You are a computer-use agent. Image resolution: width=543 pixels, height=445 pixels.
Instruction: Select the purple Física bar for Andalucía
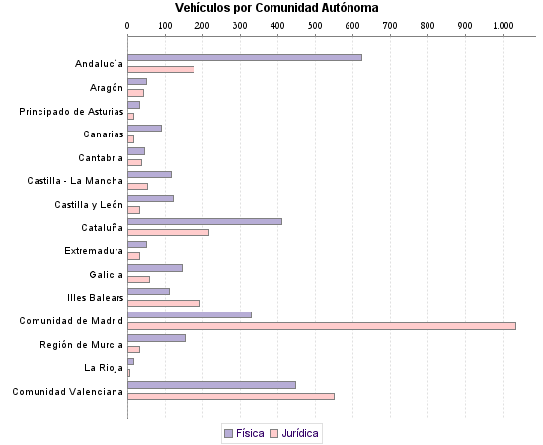[x=245, y=58]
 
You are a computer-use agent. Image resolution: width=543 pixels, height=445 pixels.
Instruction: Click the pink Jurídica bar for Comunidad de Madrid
[x=322, y=325]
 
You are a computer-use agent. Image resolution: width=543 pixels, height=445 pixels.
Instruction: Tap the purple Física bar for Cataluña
[x=204, y=222]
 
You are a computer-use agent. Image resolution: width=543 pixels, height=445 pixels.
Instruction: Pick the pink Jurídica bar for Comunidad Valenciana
[x=231, y=396]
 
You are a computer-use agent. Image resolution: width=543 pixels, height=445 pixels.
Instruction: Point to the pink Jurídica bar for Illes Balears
[x=164, y=303]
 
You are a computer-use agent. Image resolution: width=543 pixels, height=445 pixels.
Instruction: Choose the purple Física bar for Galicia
[x=155, y=268]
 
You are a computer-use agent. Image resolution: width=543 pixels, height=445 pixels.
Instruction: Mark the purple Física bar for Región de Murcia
[x=156, y=338]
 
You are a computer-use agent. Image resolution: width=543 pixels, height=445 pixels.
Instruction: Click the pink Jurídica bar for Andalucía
[x=161, y=69]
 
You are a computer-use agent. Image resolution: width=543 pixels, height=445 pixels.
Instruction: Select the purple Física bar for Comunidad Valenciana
[x=211, y=385]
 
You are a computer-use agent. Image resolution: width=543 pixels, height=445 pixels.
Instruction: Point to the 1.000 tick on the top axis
[x=503, y=24]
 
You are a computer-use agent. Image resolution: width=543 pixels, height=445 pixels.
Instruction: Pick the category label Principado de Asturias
[x=71, y=111]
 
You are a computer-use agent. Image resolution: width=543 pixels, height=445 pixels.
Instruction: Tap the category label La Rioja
[x=104, y=368]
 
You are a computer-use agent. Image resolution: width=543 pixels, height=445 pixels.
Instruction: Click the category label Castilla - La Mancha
[x=75, y=181]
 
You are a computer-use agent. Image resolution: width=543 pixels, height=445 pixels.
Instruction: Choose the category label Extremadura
[x=94, y=250]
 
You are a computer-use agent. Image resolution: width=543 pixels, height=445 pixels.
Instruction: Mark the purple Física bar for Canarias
[x=144, y=129]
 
